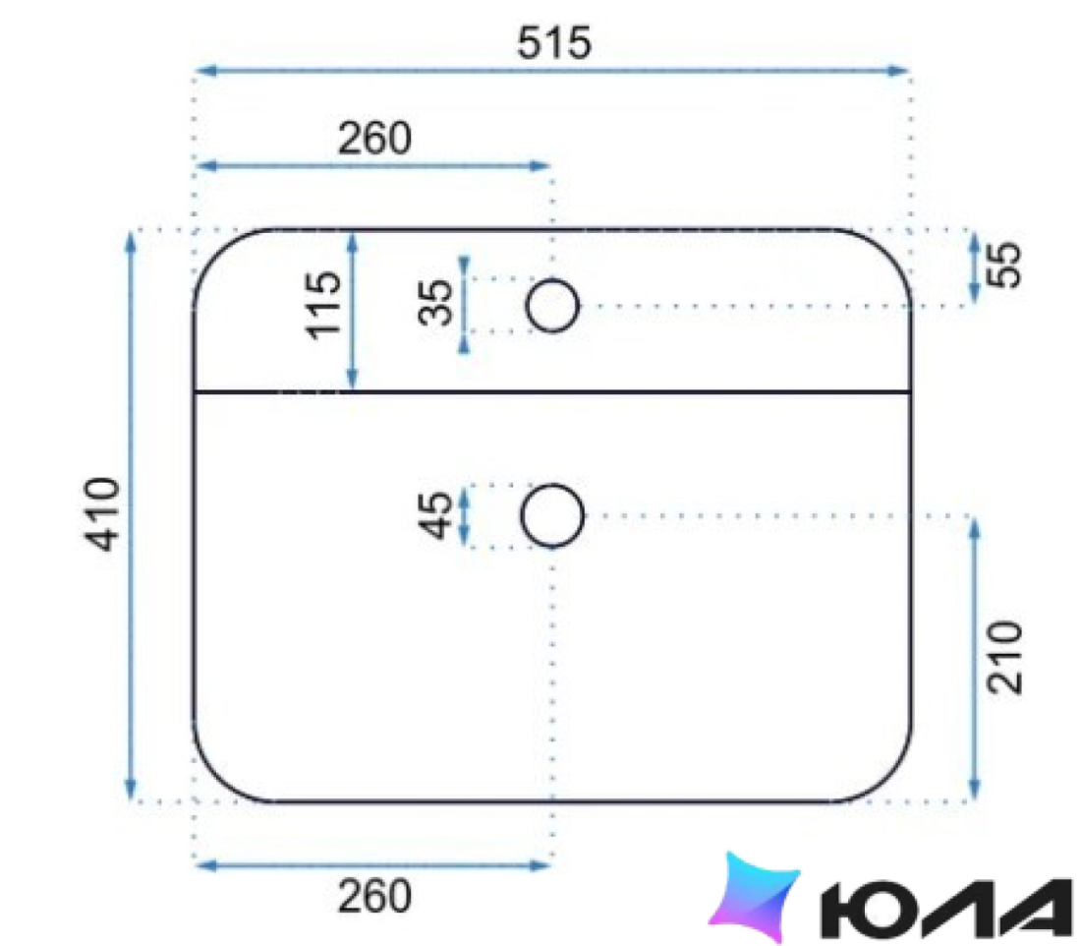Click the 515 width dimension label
(x=554, y=43)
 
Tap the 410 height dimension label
(x=102, y=514)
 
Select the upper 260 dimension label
(x=374, y=138)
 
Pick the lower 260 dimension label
(x=374, y=896)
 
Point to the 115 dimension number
(x=323, y=305)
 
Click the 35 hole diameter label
(x=435, y=302)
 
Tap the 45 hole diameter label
(x=435, y=514)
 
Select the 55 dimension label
(x=1003, y=264)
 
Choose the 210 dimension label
(x=1004, y=656)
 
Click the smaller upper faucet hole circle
(x=552, y=280)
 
